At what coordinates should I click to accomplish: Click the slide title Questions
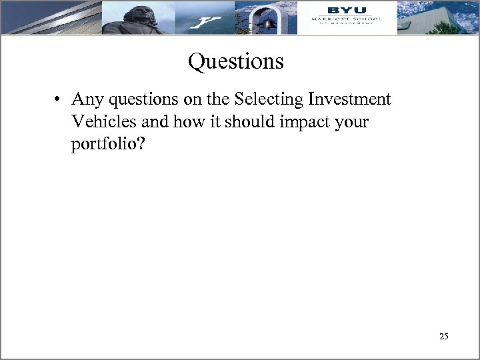coord(236,62)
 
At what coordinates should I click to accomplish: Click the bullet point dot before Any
coord(59,100)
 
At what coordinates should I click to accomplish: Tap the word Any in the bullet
coord(85,100)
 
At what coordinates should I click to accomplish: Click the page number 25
coord(444,337)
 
